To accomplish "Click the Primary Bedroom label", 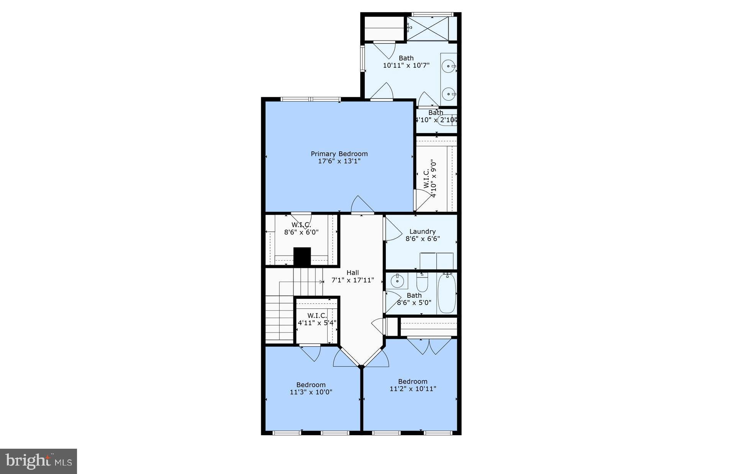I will tap(339, 154).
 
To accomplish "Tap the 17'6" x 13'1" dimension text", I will tap(339, 161).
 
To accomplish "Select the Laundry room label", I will tap(422, 231).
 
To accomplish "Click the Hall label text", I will tap(352, 273).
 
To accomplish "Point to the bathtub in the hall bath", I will tap(446, 294).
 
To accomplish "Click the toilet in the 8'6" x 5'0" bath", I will tap(422, 283).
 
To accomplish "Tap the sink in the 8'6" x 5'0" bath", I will tap(397, 281).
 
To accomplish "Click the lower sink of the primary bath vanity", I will tap(448, 93).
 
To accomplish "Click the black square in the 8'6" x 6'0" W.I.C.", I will tap(302, 256).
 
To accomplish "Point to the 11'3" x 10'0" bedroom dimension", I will tap(311, 392).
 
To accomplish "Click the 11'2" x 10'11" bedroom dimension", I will tap(413, 389).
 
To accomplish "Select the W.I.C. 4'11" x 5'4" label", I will tap(317, 319).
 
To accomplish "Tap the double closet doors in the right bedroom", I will tap(429, 346).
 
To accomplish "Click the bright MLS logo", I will tap(38, 461).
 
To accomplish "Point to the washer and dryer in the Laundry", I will tap(436, 261).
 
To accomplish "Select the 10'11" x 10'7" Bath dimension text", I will tap(406, 66).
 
